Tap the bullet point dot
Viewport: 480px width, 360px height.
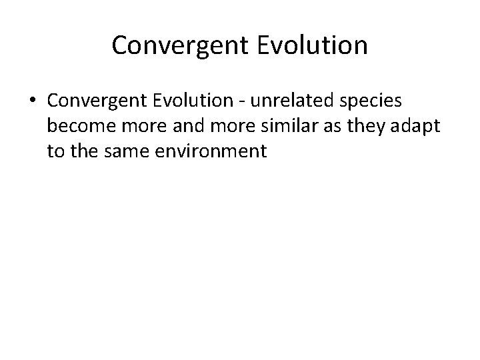tap(33, 101)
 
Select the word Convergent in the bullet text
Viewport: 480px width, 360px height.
tap(91, 101)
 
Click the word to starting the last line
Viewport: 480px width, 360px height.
tap(55, 151)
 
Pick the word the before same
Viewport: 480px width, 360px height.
tap(82, 151)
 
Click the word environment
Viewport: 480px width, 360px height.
tap(209, 151)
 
